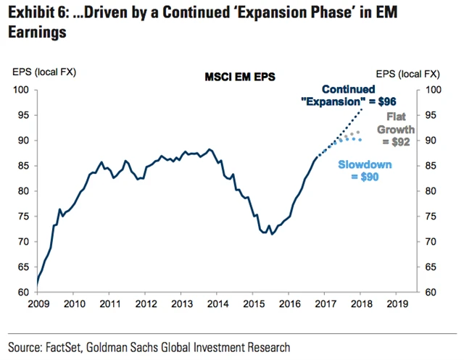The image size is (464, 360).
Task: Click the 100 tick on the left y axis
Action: pyautogui.click(x=21, y=90)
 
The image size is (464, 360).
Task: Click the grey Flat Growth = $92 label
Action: pyautogui.click(x=395, y=129)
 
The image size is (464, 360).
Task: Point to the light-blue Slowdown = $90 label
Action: pyautogui.click(x=365, y=171)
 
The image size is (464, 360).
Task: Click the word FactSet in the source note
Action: pyautogui.click(x=70, y=346)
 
